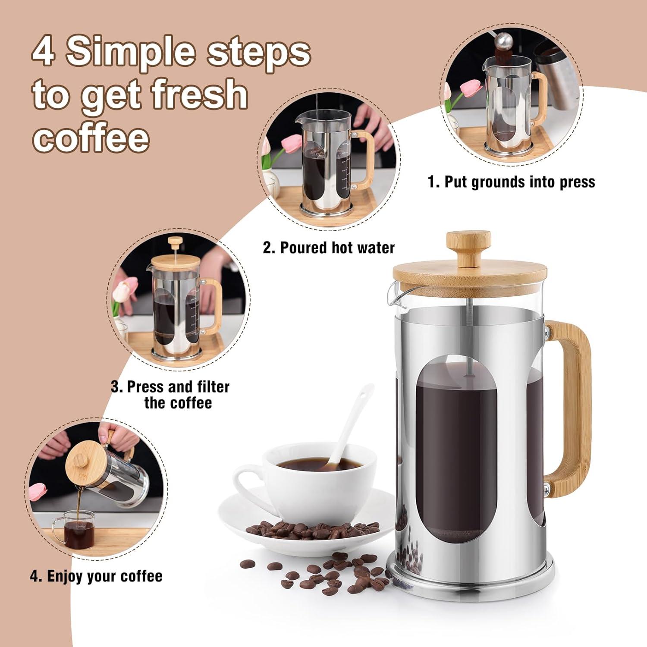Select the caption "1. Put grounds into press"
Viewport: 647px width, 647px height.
tap(511, 182)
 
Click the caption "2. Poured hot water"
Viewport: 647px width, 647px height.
tap(329, 248)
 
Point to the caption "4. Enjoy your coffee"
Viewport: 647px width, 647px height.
tap(96, 576)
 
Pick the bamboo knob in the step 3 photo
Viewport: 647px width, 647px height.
tap(175, 242)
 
